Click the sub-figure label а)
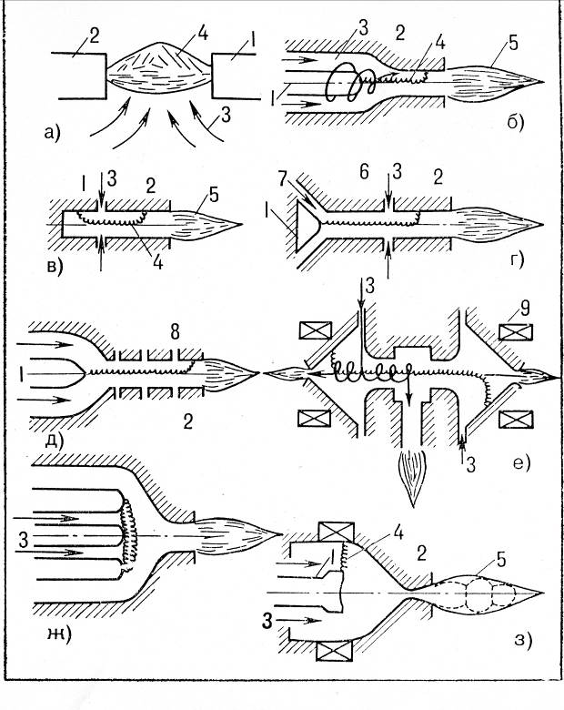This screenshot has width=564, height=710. [53, 133]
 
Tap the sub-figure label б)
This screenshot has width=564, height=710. [516, 122]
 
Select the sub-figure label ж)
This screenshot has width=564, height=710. [59, 636]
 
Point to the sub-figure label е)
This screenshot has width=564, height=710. [521, 462]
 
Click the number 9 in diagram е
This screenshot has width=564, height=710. [525, 309]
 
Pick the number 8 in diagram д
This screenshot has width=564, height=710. [175, 332]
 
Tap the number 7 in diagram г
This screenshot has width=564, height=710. [283, 179]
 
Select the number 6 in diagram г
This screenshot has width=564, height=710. [364, 172]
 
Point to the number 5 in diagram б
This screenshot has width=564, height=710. [513, 44]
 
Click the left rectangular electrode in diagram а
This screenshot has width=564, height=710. [79, 76]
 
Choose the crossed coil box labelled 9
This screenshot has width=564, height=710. [516, 332]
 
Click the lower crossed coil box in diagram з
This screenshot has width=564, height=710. [335, 652]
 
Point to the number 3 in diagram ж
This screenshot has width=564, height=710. [24, 540]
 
